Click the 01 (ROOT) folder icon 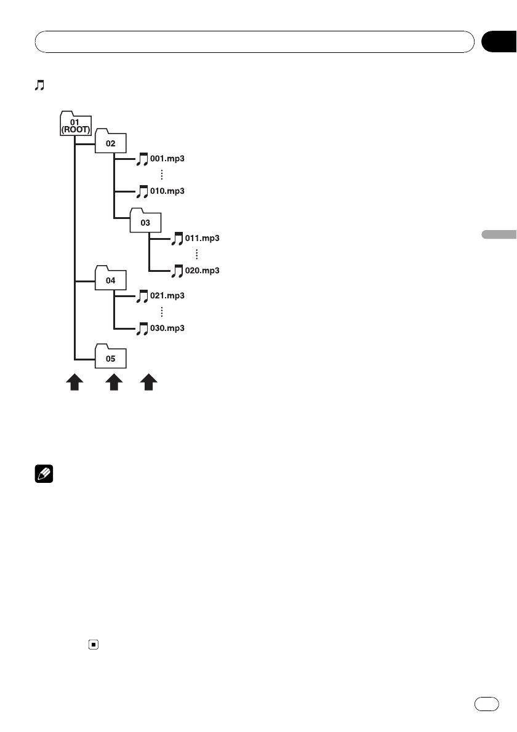pos(76,122)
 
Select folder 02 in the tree pos(110,143)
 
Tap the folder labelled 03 pos(145,221)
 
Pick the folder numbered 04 pos(110,280)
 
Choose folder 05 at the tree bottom pos(110,357)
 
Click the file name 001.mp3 pos(167,159)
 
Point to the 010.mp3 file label pos(167,191)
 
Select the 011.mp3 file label pos(202,237)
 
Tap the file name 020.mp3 pos(202,271)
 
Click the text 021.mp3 pos(167,296)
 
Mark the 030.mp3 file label pos(167,329)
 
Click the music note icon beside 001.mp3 pos(142,159)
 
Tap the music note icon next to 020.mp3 pos(177,271)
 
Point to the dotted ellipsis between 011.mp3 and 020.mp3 pos(196,254)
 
